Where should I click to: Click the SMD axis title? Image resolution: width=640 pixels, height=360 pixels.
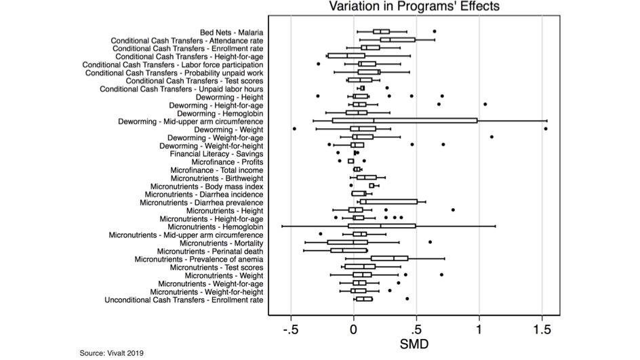pyautogui.click(x=415, y=344)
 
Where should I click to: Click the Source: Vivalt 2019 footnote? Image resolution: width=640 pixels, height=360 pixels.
pyautogui.click(x=112, y=353)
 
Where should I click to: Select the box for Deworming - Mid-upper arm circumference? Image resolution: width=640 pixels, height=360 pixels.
pyautogui.click(x=405, y=121)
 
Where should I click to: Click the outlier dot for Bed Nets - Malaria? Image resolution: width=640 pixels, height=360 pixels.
pyautogui.click(x=435, y=31)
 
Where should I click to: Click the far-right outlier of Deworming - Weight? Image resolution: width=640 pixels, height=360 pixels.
pyautogui.click(x=545, y=129)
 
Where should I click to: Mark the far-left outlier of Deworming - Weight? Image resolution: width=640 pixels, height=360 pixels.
pyautogui.click(x=294, y=129)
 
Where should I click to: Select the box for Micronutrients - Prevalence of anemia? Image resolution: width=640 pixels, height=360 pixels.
pyautogui.click(x=389, y=258)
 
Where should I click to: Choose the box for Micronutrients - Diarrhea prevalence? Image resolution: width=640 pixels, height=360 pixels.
pyautogui.click(x=388, y=201)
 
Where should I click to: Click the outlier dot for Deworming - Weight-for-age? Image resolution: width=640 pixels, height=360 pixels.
pyautogui.click(x=492, y=137)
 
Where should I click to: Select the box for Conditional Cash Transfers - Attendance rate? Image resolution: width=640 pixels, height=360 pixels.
pyautogui.click(x=397, y=40)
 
